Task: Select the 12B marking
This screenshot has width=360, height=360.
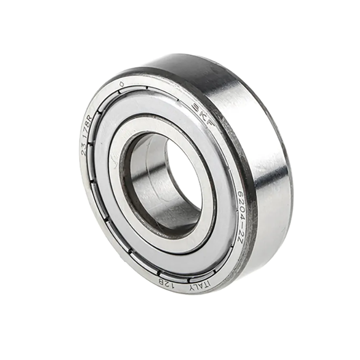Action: [166, 283]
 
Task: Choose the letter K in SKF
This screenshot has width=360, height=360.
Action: [204, 114]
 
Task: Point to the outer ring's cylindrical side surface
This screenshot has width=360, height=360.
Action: [263, 144]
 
